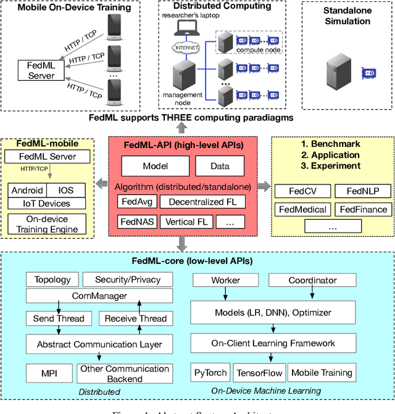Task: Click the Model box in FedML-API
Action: point(155,166)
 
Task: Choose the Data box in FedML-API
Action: point(220,166)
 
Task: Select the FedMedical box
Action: point(302,209)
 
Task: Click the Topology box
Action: point(48,279)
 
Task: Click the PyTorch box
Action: point(210,373)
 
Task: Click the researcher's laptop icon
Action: point(185,27)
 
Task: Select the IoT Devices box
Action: point(48,203)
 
